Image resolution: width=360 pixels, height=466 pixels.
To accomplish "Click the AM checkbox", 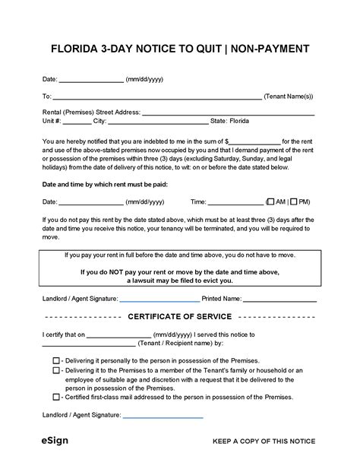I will click(271, 202).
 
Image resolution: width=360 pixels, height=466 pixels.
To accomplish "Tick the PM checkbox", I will click(293, 202).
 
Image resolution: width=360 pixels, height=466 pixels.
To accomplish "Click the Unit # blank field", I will click(77, 122).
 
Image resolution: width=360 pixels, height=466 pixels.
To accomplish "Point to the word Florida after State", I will click(238, 121).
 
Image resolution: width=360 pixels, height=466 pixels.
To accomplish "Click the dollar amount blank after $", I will click(254, 141).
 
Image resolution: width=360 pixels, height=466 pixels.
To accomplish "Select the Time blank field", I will click(235, 203).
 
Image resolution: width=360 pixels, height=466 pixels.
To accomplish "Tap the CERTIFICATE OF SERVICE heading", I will click(179, 316).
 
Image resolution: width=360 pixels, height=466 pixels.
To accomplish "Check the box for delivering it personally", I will click(56, 360).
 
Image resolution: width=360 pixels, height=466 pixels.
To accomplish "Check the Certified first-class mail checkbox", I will click(56, 397).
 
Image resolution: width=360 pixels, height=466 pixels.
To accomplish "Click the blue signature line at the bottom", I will click(163, 416).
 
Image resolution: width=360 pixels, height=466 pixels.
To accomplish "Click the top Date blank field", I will click(91, 80).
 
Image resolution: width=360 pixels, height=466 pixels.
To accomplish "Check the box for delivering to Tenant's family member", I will click(56, 370).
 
